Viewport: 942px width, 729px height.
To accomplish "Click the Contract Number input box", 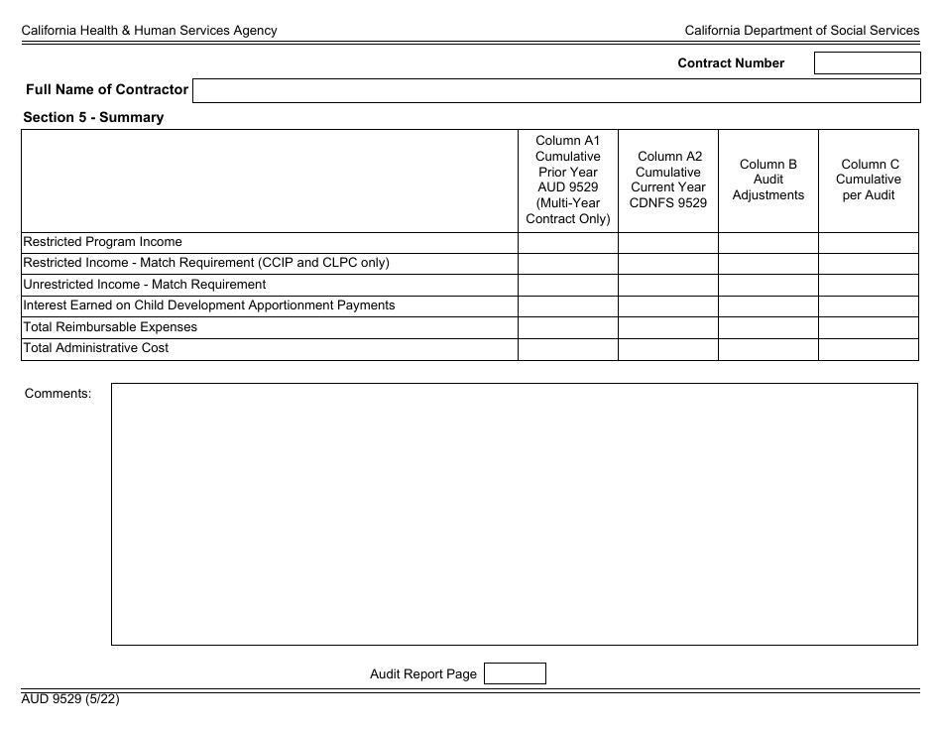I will [867, 63].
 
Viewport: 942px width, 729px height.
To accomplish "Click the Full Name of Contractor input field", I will [556, 91].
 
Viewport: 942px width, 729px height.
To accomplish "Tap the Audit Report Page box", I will [515, 674].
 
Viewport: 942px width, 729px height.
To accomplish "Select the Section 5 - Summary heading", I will [93, 117].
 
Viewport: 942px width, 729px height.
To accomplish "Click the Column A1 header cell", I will [568, 181].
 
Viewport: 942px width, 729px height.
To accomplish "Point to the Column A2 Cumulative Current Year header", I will [668, 181].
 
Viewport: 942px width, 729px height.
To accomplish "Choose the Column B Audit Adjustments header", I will [768, 181].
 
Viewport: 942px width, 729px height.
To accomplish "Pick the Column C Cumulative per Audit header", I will [869, 181].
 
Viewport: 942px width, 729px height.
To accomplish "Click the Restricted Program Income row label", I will [103, 242].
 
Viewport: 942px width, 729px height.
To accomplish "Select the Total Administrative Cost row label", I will [96, 348].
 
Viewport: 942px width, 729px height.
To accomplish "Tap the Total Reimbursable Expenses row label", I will [110, 327].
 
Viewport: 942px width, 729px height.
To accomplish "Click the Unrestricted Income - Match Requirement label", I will [145, 285].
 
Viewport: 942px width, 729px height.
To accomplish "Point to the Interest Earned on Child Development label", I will [209, 305].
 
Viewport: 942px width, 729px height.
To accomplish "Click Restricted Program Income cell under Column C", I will [869, 242].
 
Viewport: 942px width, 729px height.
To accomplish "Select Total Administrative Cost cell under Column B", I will [768, 349].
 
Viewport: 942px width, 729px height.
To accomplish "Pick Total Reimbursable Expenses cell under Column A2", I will [668, 327].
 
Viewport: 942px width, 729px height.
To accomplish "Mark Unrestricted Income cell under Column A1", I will [568, 285].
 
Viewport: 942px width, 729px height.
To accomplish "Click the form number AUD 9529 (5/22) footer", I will [71, 698].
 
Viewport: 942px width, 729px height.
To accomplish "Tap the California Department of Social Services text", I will [802, 31].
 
